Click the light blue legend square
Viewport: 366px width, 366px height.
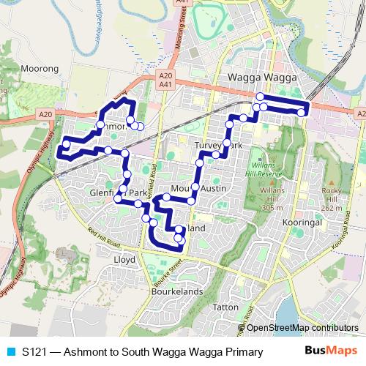click(9, 352)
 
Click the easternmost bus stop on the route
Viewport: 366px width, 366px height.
click(302, 112)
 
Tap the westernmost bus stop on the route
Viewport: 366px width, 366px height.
click(66, 144)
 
